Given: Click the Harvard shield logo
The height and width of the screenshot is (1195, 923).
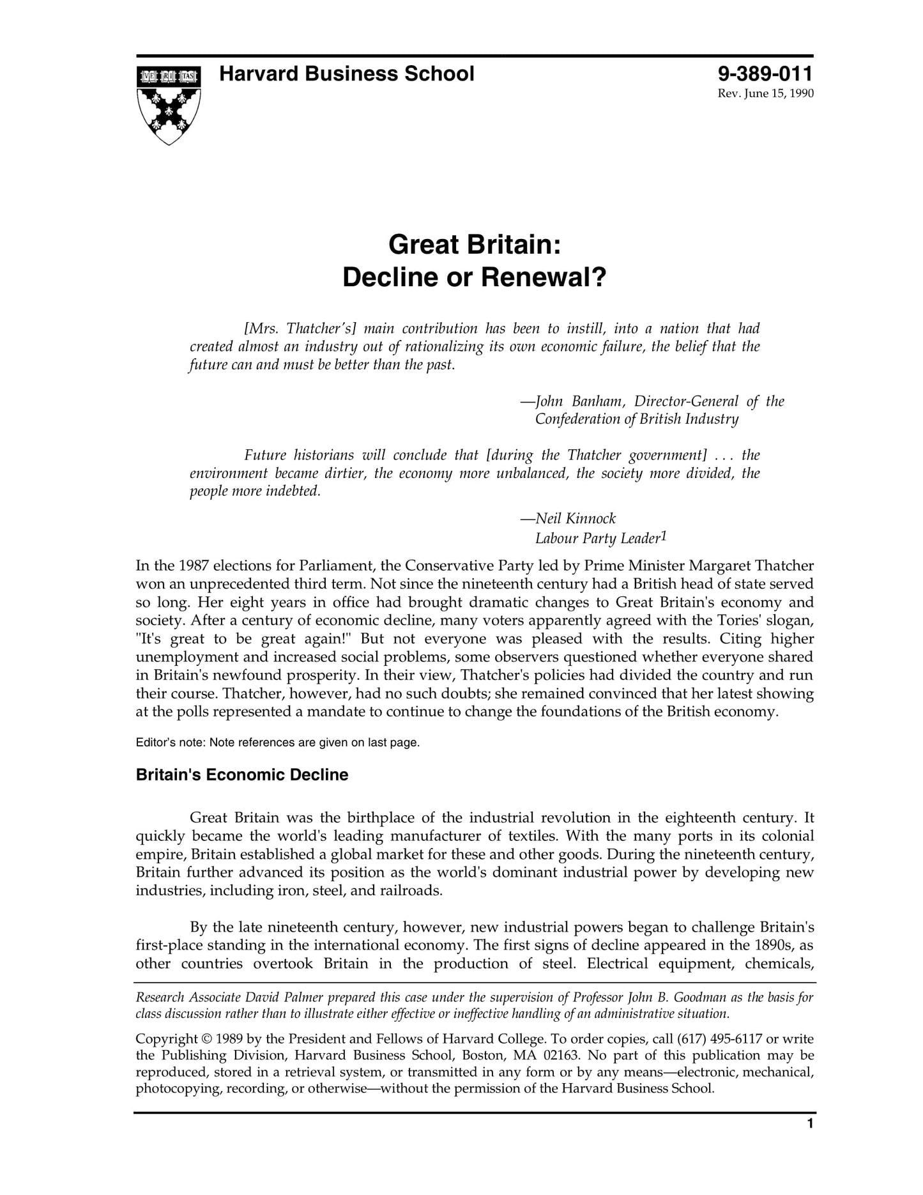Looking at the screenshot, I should [169, 104].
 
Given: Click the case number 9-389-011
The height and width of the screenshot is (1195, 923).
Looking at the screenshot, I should [765, 74].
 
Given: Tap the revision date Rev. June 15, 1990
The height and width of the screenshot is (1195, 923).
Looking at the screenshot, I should [766, 94].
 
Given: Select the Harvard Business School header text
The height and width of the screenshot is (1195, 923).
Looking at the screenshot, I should [346, 74].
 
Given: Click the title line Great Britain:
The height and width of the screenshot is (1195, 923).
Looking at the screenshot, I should [474, 245].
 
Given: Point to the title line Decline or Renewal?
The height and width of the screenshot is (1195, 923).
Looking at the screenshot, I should [474, 277].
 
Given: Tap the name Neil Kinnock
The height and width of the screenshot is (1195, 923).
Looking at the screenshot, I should [576, 518].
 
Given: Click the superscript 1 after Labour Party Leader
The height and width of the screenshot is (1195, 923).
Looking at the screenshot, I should [664, 536].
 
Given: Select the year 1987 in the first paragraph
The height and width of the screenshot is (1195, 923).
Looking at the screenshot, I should [194, 566].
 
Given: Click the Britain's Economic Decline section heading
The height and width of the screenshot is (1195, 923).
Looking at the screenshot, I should [242, 775].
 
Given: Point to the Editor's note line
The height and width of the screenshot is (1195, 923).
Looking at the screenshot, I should [278, 743].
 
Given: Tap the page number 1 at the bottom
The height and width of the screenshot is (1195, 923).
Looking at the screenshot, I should [810, 1141].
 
